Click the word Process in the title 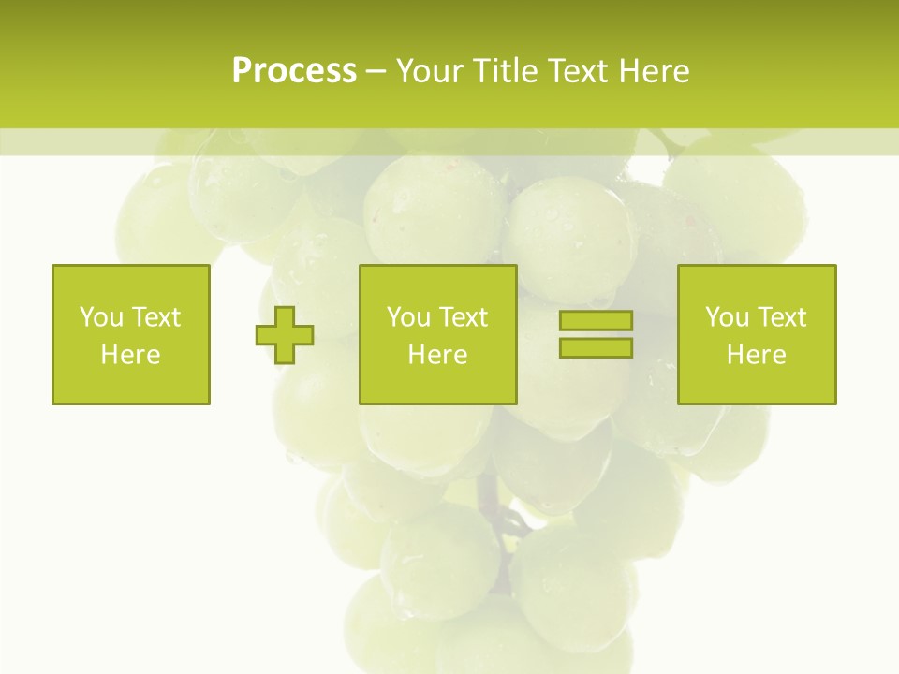tap(294, 71)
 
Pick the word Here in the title tap(655, 71)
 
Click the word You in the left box tap(100, 317)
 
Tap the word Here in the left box tap(130, 355)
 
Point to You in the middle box tap(407, 317)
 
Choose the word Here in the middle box tap(437, 355)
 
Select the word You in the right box tap(726, 317)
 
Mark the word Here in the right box tap(756, 355)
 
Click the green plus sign tap(285, 335)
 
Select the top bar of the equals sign tap(596, 321)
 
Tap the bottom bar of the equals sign tap(596, 347)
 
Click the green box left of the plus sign tap(130, 281)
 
